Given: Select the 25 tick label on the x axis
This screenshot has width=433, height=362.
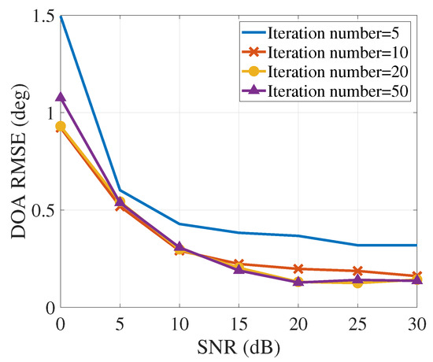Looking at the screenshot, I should [358, 323].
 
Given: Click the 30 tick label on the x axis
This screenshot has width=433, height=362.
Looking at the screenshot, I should [417, 323].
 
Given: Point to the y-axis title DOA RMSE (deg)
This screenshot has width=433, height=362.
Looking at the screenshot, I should [16, 161].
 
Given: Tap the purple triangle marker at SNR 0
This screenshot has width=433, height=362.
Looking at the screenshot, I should [60, 97].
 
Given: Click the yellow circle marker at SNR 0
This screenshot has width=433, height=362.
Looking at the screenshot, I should [60, 126].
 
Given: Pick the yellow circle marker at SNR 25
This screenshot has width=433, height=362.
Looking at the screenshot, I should [358, 283].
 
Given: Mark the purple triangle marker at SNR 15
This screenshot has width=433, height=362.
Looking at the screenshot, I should [239, 270].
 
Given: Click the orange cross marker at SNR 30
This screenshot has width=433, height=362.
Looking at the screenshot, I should [417, 276].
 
